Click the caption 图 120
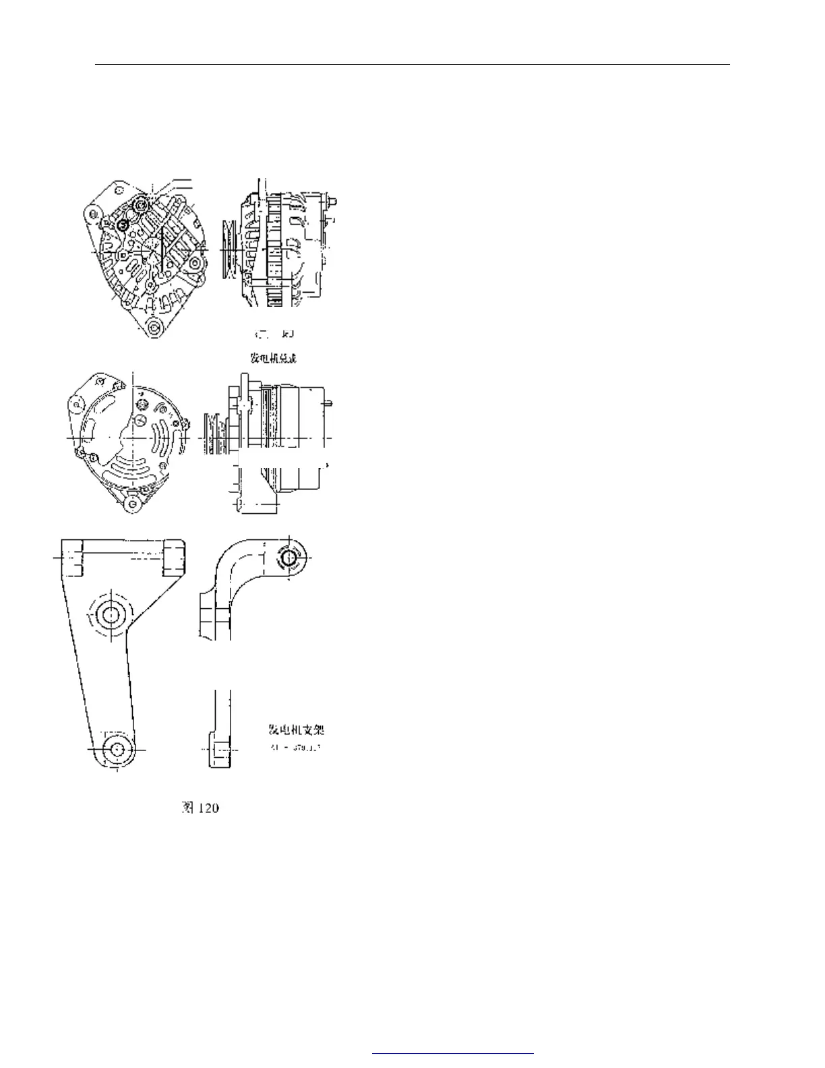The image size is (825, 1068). (x=200, y=807)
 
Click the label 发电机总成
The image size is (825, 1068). (x=274, y=357)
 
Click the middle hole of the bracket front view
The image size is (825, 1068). (x=109, y=613)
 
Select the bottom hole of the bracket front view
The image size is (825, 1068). (x=118, y=748)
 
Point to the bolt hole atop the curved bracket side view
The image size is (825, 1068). (x=290, y=558)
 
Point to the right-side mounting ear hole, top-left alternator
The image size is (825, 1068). (x=195, y=263)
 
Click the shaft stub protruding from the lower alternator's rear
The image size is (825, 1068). (x=330, y=403)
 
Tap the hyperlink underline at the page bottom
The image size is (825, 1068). (x=452, y=1052)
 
